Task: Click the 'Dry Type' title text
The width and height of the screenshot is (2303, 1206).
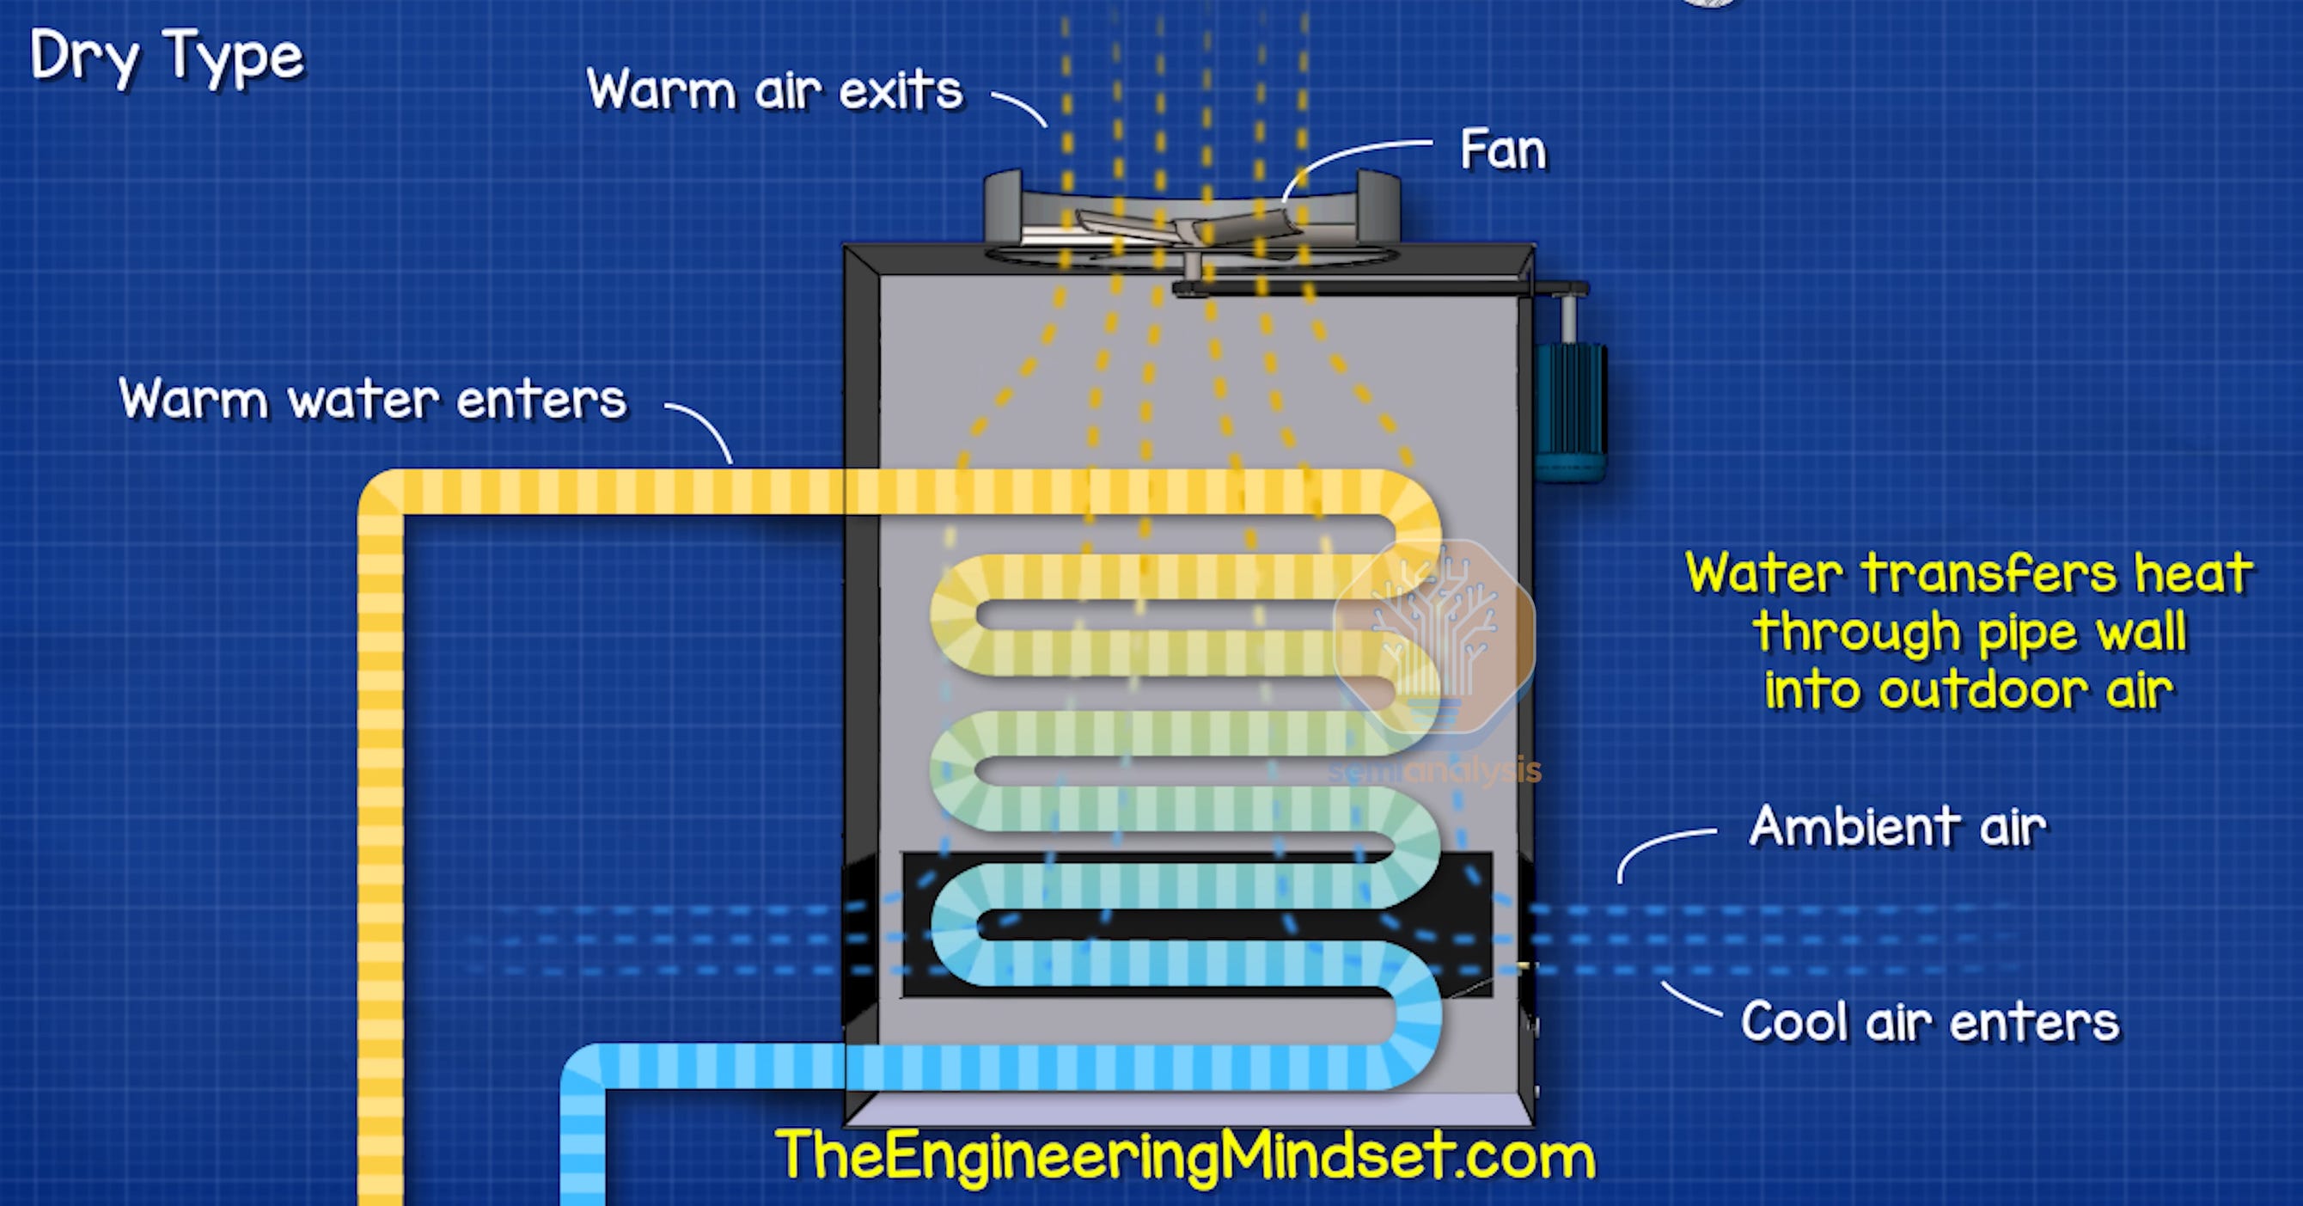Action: [x=168, y=58]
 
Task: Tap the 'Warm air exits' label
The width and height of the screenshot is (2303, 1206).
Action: [x=774, y=90]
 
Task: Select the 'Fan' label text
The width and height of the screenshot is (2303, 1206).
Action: [x=1503, y=150]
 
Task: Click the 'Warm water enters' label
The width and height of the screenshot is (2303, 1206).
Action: [x=373, y=399]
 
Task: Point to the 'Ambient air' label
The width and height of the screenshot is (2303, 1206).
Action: [x=1897, y=826]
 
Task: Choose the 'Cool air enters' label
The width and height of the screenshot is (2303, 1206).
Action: [x=1930, y=1022]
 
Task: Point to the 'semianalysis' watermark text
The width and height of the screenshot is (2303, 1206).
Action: [x=1434, y=771]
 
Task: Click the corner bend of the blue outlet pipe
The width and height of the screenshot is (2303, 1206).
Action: [x=584, y=1068]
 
